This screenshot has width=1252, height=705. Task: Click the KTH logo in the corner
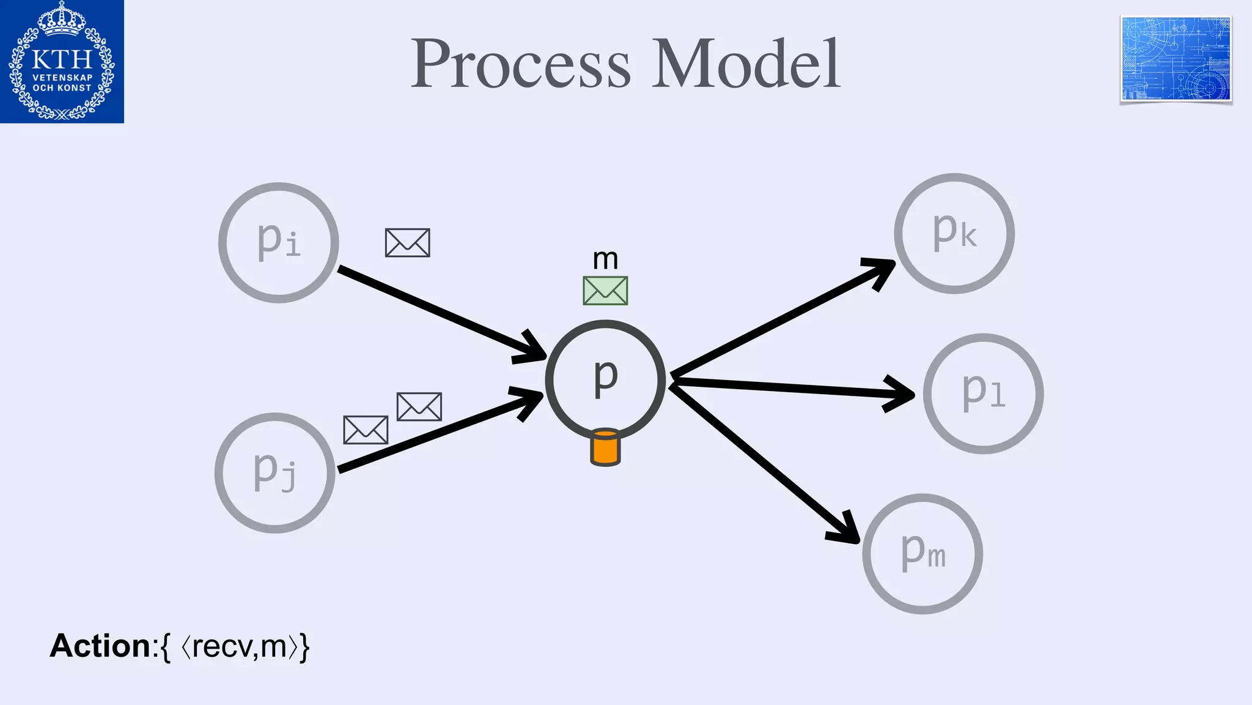pos(62,61)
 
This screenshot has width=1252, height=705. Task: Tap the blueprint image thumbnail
pos(1176,59)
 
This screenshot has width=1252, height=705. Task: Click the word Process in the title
pos(520,64)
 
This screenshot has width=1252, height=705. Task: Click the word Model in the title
pos(746,64)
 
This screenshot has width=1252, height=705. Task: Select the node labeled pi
pos(278,242)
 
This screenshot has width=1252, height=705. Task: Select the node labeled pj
pos(274,472)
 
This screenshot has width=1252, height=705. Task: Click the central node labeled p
pos(605,379)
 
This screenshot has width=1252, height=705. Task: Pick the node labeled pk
pos(954,233)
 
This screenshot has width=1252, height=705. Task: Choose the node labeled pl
pos(983,394)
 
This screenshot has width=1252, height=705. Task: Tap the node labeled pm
pos(922,553)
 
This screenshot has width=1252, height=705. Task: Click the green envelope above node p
pos(605,291)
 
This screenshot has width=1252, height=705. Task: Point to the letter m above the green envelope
pos(605,259)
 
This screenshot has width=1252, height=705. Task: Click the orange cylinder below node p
pos(605,448)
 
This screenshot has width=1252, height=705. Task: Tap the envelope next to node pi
pos(407,243)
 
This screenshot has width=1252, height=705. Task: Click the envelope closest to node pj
pos(366,430)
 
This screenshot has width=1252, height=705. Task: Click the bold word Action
pos(100,646)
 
